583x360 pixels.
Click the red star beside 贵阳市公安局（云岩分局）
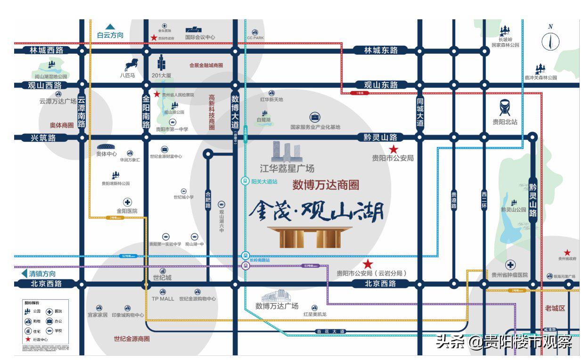click(368, 264)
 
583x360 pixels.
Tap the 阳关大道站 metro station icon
click(245, 181)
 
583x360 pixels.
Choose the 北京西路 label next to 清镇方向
click(45, 284)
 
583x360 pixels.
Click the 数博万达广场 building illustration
click(277, 296)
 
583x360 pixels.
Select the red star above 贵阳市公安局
click(394, 149)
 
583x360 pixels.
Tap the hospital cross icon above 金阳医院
click(127, 202)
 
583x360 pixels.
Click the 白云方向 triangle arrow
click(110, 27)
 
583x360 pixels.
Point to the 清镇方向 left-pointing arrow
click(24, 273)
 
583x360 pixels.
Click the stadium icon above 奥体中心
click(107, 147)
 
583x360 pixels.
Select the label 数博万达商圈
click(326, 185)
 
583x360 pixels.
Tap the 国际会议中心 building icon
click(193, 29)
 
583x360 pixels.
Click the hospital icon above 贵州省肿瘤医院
click(510, 265)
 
